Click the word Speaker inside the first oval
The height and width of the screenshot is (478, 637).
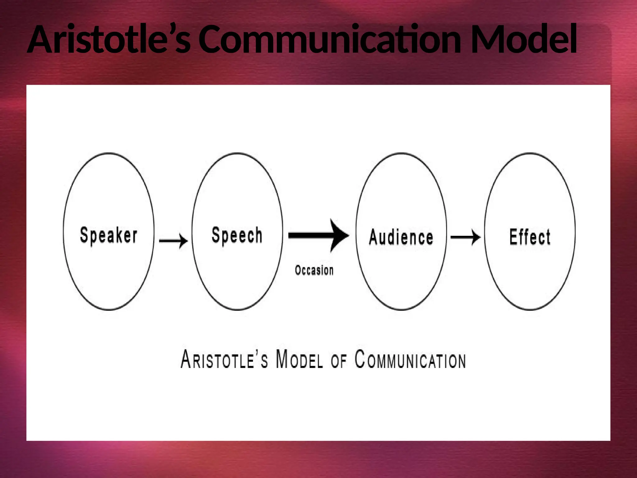pyautogui.click(x=109, y=236)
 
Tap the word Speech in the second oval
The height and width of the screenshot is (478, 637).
pyautogui.click(x=237, y=235)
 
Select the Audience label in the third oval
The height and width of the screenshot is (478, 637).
pyautogui.click(x=401, y=237)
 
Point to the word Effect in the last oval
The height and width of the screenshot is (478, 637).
pyautogui.click(x=530, y=237)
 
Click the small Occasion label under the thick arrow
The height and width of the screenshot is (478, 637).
pyautogui.click(x=314, y=270)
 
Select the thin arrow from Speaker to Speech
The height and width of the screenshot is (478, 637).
pyautogui.click(x=173, y=241)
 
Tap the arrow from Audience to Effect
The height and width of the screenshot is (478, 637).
pyautogui.click(x=465, y=237)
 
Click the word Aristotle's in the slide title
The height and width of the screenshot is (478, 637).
pyautogui.click(x=109, y=40)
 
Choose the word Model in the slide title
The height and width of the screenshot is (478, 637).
pyautogui.click(x=524, y=40)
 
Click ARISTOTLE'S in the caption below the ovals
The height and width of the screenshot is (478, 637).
pyautogui.click(x=224, y=360)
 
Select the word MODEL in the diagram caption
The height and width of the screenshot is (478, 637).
pyautogui.click(x=299, y=360)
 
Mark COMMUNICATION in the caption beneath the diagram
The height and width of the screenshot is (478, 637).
pyautogui.click(x=410, y=360)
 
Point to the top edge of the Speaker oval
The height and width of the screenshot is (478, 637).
pyautogui.click(x=109, y=153)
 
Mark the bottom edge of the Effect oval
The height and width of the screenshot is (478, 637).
pyautogui.click(x=530, y=310)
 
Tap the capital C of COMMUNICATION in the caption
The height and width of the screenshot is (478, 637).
pyautogui.click(x=360, y=359)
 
